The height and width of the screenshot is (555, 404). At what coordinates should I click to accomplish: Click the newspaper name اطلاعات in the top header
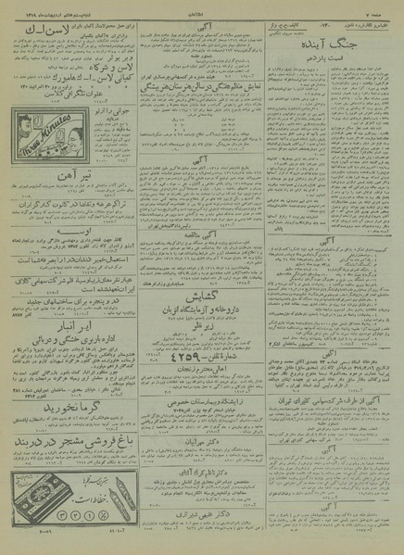tap(201, 5)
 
